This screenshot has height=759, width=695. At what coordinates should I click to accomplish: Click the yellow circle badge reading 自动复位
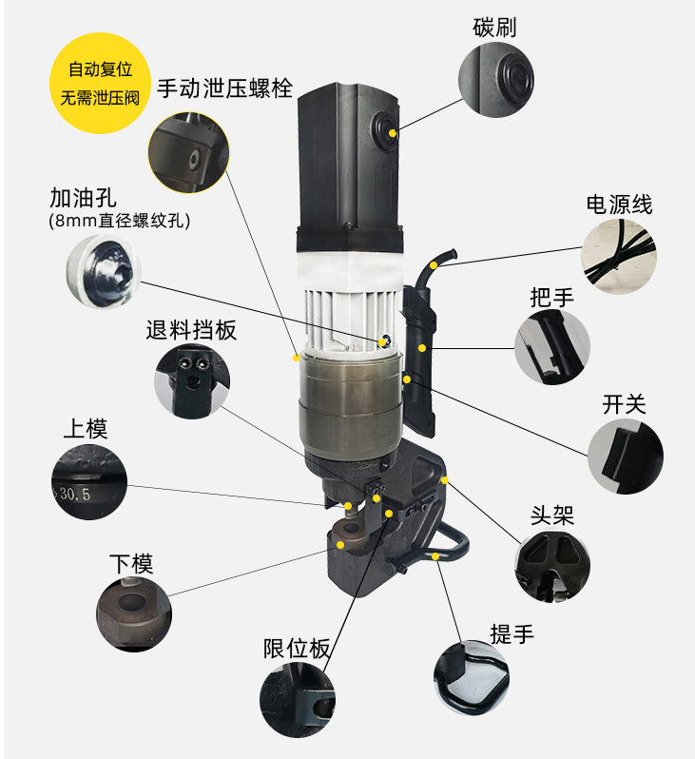100,83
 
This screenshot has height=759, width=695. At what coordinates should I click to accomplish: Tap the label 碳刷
494,27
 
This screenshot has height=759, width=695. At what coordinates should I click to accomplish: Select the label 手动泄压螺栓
224,89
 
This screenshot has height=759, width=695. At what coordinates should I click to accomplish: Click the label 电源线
619,204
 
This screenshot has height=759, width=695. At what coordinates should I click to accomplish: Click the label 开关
624,403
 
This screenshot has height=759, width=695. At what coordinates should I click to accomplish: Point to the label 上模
86,428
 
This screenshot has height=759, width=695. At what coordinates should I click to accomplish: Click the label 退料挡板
191,330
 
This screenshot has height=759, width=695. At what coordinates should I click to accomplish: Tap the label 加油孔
83,198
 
